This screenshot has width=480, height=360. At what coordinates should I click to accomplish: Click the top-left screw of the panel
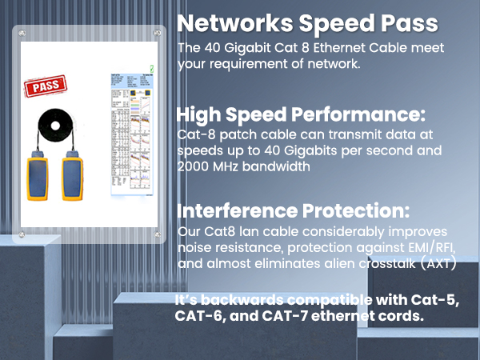tap(22, 34)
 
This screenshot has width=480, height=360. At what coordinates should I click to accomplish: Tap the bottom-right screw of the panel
tap(158, 234)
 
